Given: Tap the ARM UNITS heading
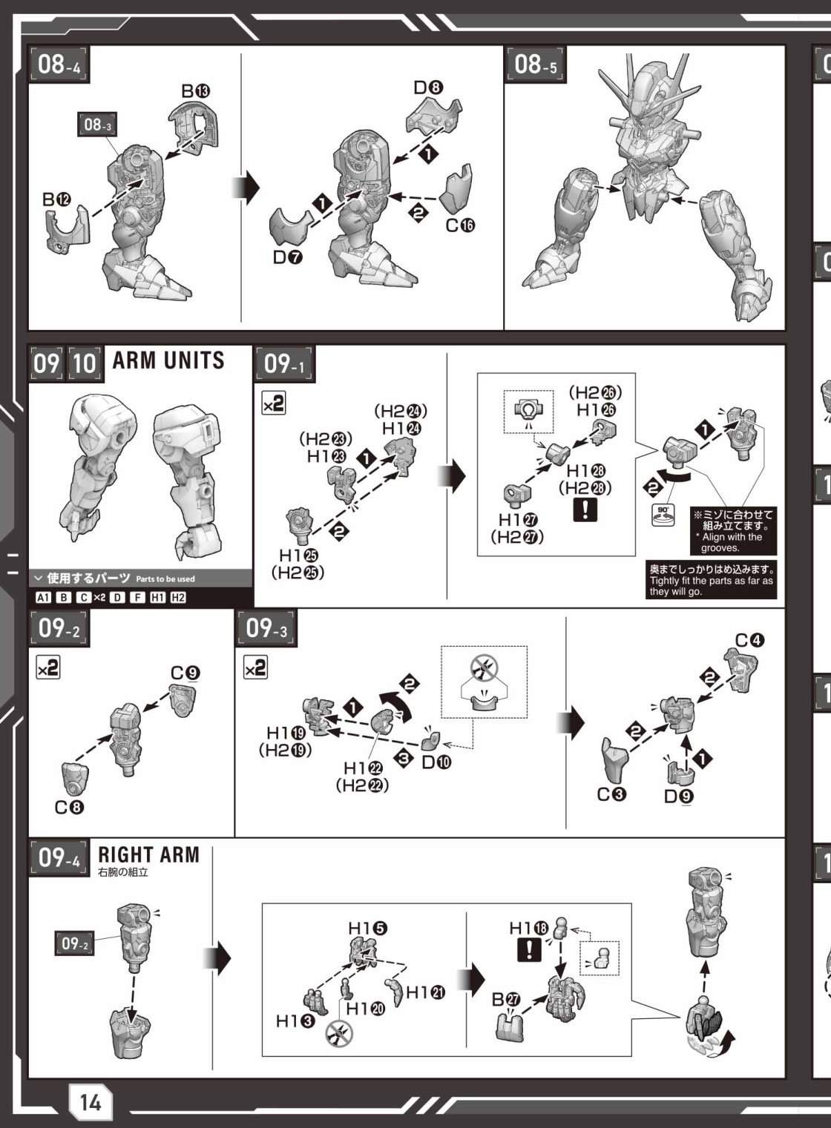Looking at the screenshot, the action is pos(168,360).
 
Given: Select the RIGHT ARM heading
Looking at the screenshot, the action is pos(148,854).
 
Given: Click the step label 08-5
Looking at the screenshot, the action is pos(536,65).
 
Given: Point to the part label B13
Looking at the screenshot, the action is pos(196,91).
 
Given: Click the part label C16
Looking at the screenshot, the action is pos(460,225).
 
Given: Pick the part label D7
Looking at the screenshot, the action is pos(288,257).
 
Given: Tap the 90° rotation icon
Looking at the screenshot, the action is pos(663,515).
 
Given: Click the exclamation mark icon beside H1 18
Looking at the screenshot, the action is pos(529,949).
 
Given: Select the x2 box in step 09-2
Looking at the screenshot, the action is pos(48,667).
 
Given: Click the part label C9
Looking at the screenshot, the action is pos(185,673).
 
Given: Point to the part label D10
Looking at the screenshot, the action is pos(436,762).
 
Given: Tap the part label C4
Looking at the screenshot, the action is pos(750,641).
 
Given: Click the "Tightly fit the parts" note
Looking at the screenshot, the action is pos(711,580).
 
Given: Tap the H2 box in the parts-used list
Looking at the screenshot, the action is pos(178,597).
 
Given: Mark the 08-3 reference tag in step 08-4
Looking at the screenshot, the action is pos(97,124).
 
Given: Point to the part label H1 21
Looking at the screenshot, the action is pos(425,992).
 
